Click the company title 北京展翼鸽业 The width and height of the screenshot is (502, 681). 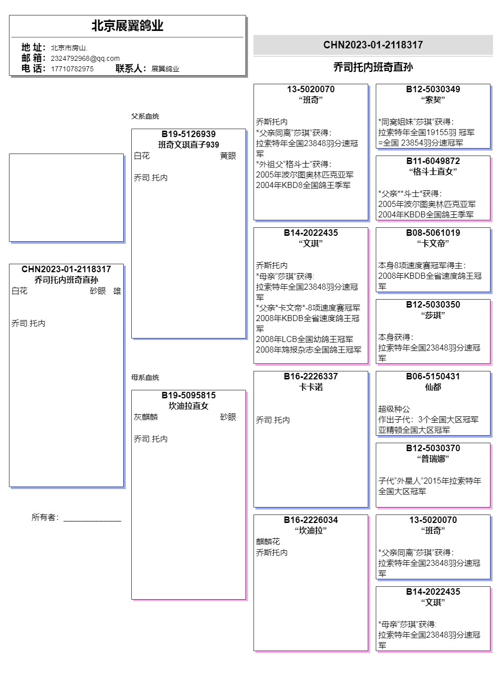[x=127, y=26]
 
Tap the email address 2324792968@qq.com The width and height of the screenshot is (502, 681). [x=85, y=58]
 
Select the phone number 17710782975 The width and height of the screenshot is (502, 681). [x=72, y=69]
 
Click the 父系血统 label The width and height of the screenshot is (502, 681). [x=145, y=116]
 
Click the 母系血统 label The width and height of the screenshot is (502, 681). [x=145, y=377]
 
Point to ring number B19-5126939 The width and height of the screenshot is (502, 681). [x=189, y=134]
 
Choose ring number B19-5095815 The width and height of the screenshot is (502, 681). [x=189, y=395]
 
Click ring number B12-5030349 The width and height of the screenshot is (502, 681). [x=433, y=89]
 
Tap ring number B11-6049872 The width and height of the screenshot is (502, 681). [x=433, y=161]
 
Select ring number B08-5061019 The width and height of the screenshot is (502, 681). [x=433, y=233]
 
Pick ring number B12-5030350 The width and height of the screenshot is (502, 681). [x=433, y=305]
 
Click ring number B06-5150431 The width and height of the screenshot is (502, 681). [x=433, y=376]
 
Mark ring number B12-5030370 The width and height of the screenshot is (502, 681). [x=433, y=448]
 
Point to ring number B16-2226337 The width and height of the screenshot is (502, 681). [x=311, y=376]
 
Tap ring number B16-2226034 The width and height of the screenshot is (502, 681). [x=311, y=520]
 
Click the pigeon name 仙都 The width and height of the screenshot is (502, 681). [x=433, y=387]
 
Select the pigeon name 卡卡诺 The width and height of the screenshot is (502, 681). [x=311, y=387]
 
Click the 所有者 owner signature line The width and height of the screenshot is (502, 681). [x=92, y=518]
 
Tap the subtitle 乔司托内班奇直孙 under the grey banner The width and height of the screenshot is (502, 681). [x=373, y=67]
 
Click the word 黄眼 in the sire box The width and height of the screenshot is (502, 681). [x=228, y=156]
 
